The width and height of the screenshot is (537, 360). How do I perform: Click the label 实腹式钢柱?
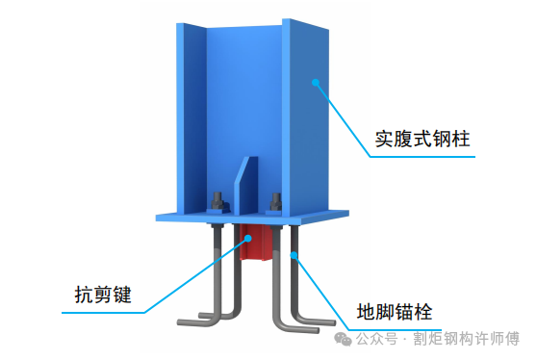pos(422,139)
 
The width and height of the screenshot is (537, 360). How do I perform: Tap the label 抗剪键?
pos(103,295)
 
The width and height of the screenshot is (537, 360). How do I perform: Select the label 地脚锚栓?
pos(395,312)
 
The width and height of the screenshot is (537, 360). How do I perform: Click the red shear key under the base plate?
pos(253,243)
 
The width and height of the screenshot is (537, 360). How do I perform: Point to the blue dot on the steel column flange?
pos(316,82)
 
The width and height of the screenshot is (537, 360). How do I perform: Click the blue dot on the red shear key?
pos(248,238)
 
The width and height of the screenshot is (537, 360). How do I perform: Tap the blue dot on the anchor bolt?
pos(294,255)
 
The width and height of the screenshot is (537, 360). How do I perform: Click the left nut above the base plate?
pos(218,201)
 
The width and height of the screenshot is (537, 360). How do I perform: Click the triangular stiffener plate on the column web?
pos(246,187)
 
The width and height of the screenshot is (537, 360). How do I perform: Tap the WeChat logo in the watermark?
pos(343,339)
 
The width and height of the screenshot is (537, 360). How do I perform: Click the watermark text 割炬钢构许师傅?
pos(466,339)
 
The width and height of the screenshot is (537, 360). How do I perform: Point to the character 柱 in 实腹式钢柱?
pos(461,139)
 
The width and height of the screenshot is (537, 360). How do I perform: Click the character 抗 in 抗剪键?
pos(84,295)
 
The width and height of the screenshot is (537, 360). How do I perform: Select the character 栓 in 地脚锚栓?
pos(423,312)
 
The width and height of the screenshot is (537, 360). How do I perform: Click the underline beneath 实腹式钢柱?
pos(422,157)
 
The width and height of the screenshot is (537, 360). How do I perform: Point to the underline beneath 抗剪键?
pos(103,313)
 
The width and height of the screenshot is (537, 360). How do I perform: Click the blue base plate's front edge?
pos(253,219)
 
